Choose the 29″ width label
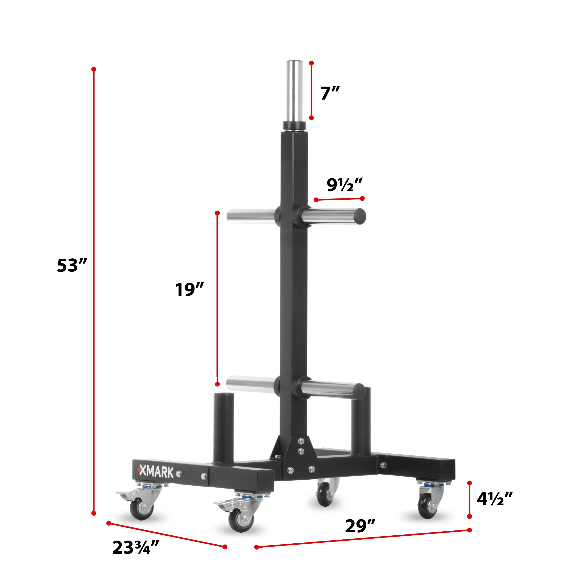360,526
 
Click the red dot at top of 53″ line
94,69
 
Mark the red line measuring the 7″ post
311,90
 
